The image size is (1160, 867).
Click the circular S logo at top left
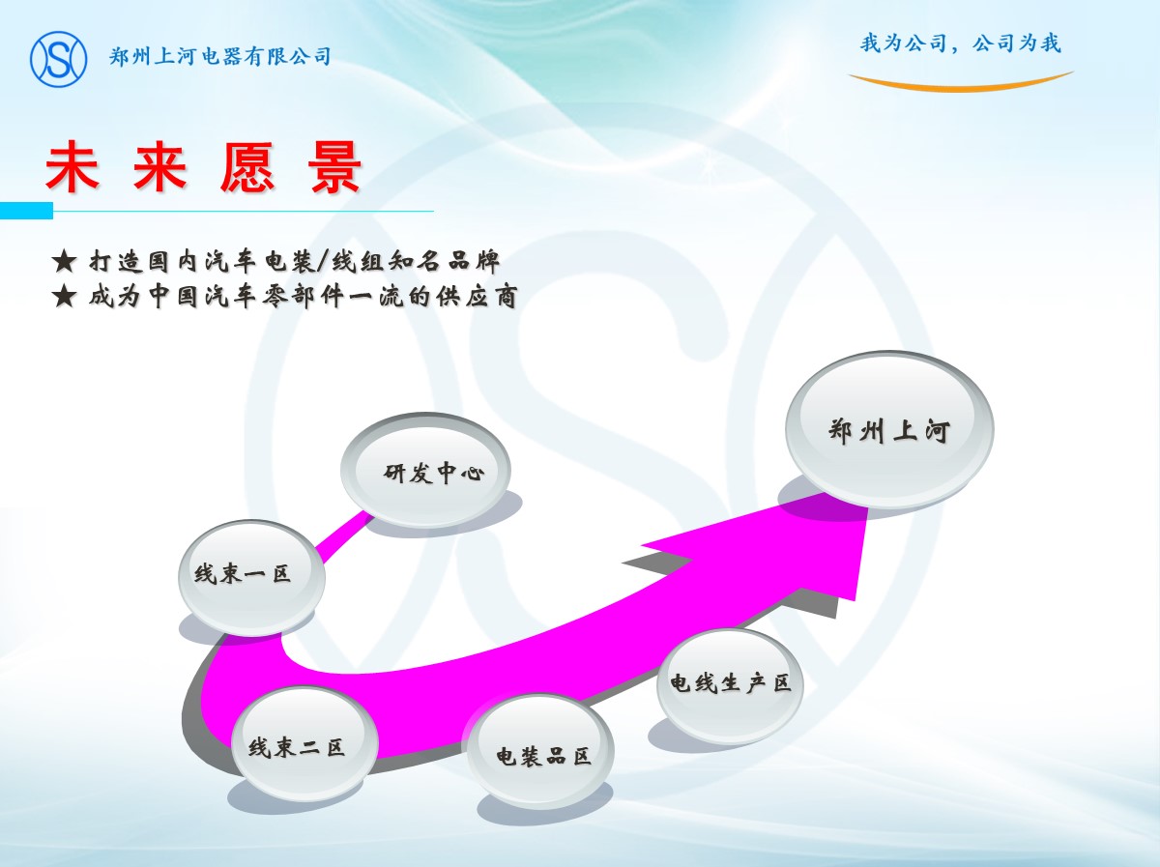click(x=59, y=59)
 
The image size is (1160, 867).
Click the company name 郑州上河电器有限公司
click(x=220, y=56)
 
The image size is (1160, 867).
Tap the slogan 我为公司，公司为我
click(x=960, y=43)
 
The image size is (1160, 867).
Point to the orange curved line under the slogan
click(x=961, y=84)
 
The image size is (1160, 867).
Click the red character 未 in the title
click(x=72, y=166)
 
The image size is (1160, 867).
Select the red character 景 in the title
click(x=336, y=166)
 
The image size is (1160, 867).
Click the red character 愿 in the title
click(x=247, y=166)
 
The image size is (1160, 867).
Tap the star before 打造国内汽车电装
click(x=65, y=262)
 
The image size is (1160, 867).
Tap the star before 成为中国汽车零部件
click(x=65, y=296)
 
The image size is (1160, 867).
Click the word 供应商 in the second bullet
click(x=477, y=297)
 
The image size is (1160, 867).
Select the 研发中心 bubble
click(x=426, y=470)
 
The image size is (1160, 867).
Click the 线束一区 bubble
click(x=251, y=577)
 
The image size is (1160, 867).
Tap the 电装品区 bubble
click(x=538, y=751)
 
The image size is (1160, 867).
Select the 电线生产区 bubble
click(x=731, y=684)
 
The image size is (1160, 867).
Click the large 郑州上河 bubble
click(x=889, y=429)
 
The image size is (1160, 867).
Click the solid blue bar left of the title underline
click(x=26, y=211)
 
